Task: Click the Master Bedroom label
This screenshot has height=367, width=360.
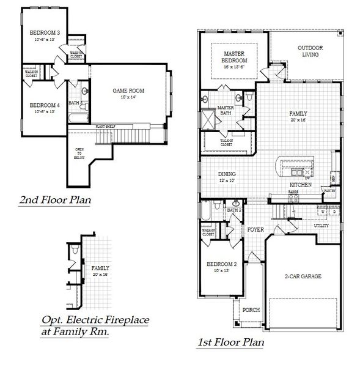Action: pos(234,57)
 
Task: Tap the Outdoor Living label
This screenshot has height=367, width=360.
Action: pos(310,51)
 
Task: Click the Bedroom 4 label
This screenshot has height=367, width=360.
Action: pos(45,105)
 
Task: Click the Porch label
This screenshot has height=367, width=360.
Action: pos(251,310)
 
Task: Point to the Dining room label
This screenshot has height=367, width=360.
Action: pos(227,174)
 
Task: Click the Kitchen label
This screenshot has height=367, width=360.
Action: pos(301,184)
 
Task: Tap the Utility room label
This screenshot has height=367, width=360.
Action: pos(321,225)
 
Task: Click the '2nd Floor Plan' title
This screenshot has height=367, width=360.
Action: pos(56,200)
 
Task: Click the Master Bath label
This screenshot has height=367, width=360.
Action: pos(225,111)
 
